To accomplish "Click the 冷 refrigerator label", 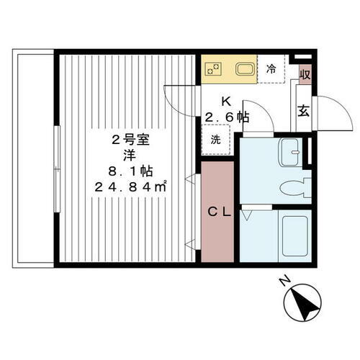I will (271, 70).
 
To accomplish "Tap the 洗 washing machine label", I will (216, 140).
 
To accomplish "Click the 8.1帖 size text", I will (129, 171).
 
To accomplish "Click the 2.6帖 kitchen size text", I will (227, 117).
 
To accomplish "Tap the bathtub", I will (295, 238).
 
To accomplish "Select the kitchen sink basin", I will (243, 71).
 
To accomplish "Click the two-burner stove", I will (214, 70).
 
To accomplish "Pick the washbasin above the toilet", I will (292, 150).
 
